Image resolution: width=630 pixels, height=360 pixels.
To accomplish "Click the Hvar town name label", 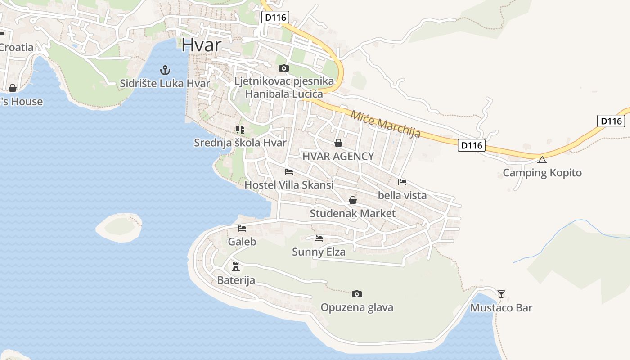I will [202, 45].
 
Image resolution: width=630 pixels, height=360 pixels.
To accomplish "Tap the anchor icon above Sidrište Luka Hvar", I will [165, 70].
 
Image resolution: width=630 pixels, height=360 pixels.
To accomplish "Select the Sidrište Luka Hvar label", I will [165, 83].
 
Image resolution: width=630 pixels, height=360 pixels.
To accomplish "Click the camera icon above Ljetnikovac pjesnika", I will [283, 68].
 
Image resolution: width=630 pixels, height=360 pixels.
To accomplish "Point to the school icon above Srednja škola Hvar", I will [240, 130].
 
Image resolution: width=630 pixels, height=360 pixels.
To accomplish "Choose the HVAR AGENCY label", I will [338, 156].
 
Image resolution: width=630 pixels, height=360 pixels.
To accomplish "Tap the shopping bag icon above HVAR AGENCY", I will [338, 143].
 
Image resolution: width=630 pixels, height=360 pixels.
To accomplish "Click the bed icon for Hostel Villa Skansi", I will [289, 172].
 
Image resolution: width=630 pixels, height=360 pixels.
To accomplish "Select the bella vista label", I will [402, 195].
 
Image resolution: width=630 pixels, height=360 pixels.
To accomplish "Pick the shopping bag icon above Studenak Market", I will [353, 200].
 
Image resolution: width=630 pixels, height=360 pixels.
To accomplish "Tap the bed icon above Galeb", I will [242, 229].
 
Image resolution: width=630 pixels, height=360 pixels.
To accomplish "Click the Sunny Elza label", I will [319, 252].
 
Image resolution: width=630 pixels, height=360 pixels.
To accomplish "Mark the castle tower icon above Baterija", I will [236, 266].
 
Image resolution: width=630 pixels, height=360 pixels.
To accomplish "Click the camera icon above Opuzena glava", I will [356, 294].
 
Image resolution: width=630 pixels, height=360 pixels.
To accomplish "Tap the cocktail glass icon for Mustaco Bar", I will [501, 294].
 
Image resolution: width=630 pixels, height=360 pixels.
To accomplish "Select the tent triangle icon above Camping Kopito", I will [542, 160].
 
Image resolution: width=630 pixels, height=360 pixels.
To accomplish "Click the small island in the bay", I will [119, 227].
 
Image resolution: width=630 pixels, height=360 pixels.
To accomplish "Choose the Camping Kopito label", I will [542, 173].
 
